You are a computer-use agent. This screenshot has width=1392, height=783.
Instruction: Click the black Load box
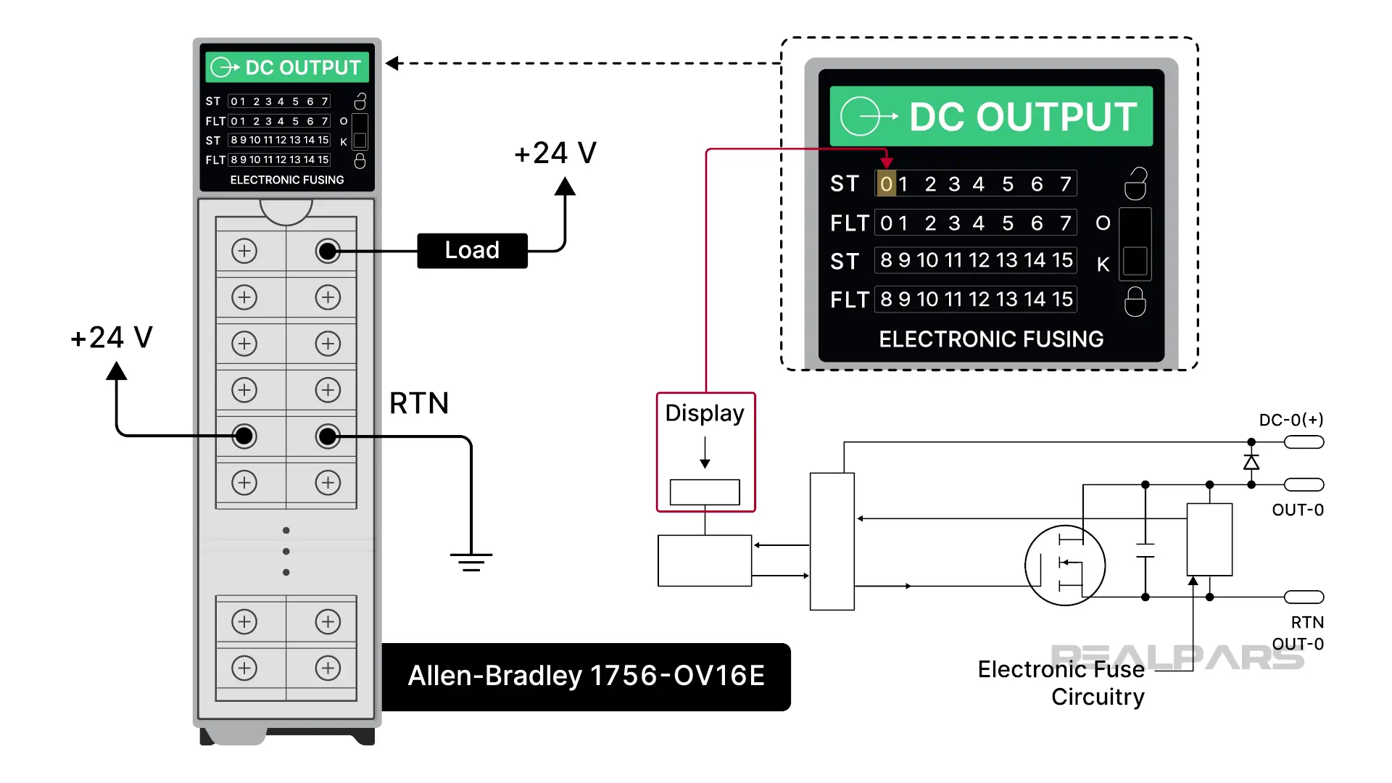point(472,251)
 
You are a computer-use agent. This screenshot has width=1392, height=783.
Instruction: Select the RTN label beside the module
point(419,403)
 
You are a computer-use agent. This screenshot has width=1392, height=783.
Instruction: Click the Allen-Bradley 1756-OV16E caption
point(586,676)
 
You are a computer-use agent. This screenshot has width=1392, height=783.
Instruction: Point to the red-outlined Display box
point(705,452)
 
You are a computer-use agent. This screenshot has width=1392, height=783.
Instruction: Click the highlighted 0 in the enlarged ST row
point(886,184)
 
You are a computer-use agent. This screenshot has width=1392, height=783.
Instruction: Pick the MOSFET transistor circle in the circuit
point(1064,565)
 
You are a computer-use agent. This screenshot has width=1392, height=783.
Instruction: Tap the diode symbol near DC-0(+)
point(1251,463)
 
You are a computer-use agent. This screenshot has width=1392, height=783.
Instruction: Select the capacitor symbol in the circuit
point(1145,550)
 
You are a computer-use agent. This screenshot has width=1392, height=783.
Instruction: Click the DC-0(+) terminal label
point(1290,420)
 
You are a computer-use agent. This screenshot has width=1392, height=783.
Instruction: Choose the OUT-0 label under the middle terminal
point(1297,510)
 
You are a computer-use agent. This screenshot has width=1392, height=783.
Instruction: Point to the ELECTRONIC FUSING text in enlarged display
point(991,339)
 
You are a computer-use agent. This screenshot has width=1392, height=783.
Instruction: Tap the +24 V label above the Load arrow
point(555,153)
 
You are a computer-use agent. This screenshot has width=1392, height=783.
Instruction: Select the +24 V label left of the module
point(112,338)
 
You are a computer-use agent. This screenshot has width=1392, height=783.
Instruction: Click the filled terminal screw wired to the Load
point(328,251)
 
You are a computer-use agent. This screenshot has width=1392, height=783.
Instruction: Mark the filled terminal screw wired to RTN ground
point(328,436)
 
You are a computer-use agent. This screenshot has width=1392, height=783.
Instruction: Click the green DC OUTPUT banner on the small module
point(287,67)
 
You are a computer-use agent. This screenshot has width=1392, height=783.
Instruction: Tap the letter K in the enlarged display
point(1103,265)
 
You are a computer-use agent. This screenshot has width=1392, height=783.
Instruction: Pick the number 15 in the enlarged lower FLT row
point(1062,299)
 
